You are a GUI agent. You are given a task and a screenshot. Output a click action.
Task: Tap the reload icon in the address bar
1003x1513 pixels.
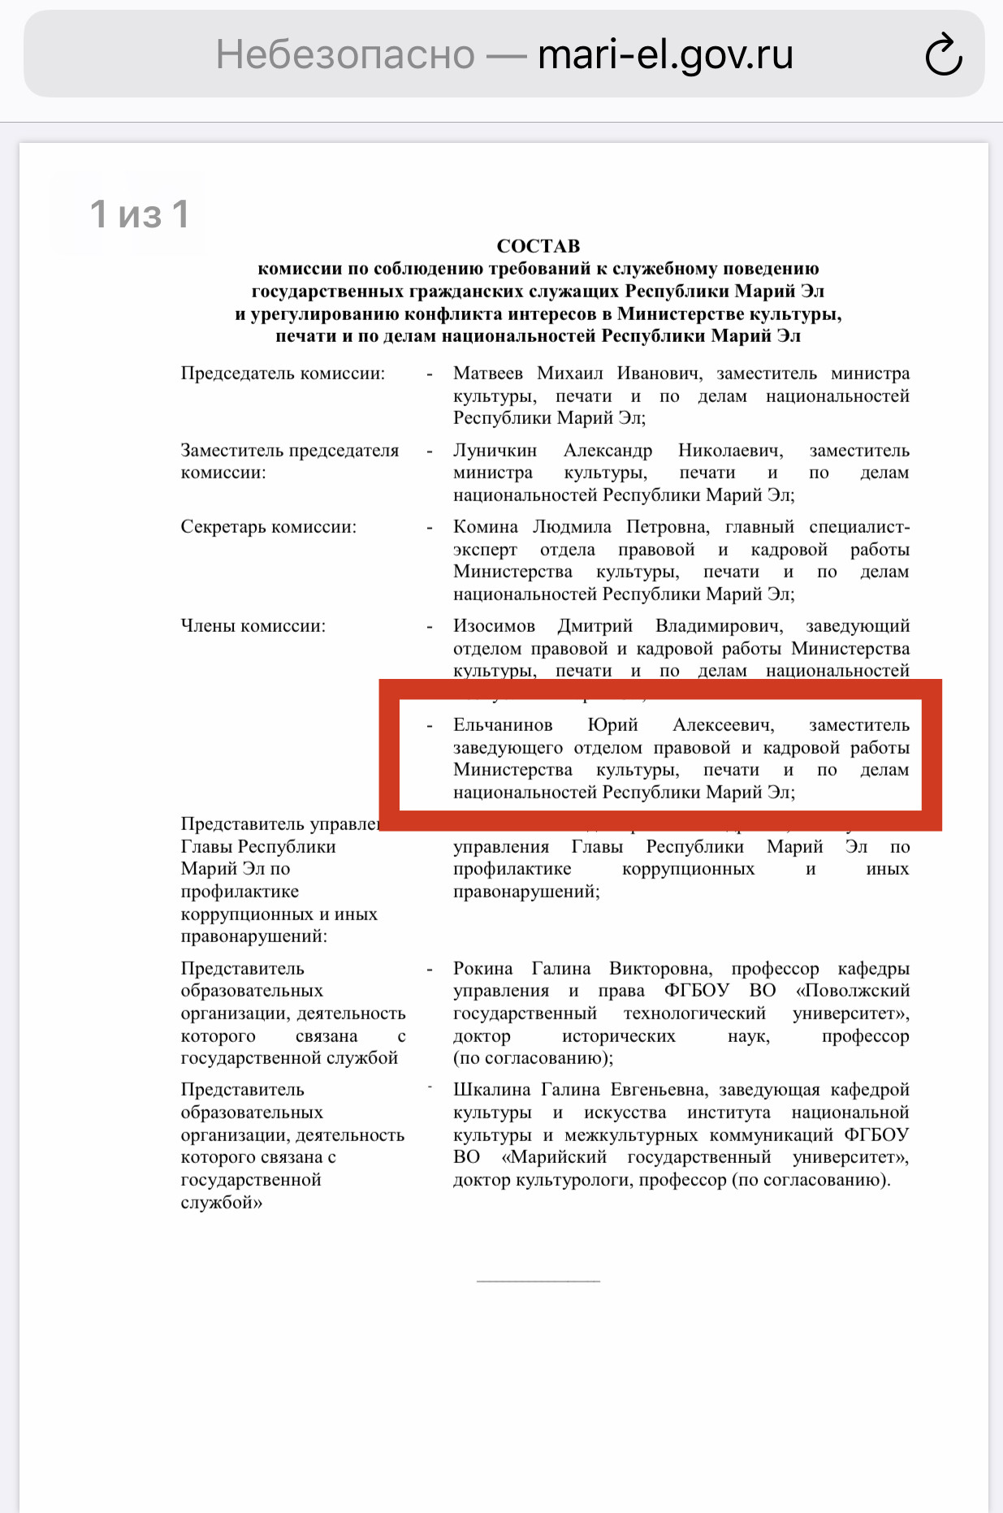(x=944, y=55)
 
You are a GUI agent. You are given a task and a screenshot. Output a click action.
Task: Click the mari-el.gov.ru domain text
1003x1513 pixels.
(x=665, y=55)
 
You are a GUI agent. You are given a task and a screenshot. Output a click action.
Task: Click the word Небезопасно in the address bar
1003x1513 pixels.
(x=345, y=55)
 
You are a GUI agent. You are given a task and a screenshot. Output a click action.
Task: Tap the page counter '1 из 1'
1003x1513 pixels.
(x=140, y=214)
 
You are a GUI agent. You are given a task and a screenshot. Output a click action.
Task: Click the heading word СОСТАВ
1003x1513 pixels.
(x=538, y=246)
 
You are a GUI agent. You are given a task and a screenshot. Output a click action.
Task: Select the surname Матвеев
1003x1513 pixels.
(x=487, y=374)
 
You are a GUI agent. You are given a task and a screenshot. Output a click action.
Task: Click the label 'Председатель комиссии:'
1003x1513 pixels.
(x=283, y=374)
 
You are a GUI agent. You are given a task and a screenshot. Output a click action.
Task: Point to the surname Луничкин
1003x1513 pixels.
(x=495, y=451)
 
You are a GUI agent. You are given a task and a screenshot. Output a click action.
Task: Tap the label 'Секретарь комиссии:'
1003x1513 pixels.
(x=268, y=527)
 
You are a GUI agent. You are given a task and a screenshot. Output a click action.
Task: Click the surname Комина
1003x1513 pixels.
(x=485, y=527)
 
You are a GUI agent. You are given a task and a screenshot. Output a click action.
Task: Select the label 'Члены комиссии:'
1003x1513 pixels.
(x=253, y=626)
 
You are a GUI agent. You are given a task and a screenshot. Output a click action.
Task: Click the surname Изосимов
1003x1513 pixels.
(x=494, y=626)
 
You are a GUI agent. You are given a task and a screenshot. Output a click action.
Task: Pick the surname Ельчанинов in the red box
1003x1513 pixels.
(x=503, y=725)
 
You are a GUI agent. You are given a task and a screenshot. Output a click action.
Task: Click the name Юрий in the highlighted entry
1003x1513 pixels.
(x=612, y=725)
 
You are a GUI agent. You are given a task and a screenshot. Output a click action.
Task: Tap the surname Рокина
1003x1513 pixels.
(x=482, y=969)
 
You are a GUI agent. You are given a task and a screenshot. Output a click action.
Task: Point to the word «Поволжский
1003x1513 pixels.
(x=853, y=991)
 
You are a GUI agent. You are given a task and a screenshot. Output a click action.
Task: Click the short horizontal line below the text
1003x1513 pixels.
(x=538, y=1281)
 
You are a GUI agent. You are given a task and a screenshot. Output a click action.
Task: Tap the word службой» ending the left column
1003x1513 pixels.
(x=221, y=1203)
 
